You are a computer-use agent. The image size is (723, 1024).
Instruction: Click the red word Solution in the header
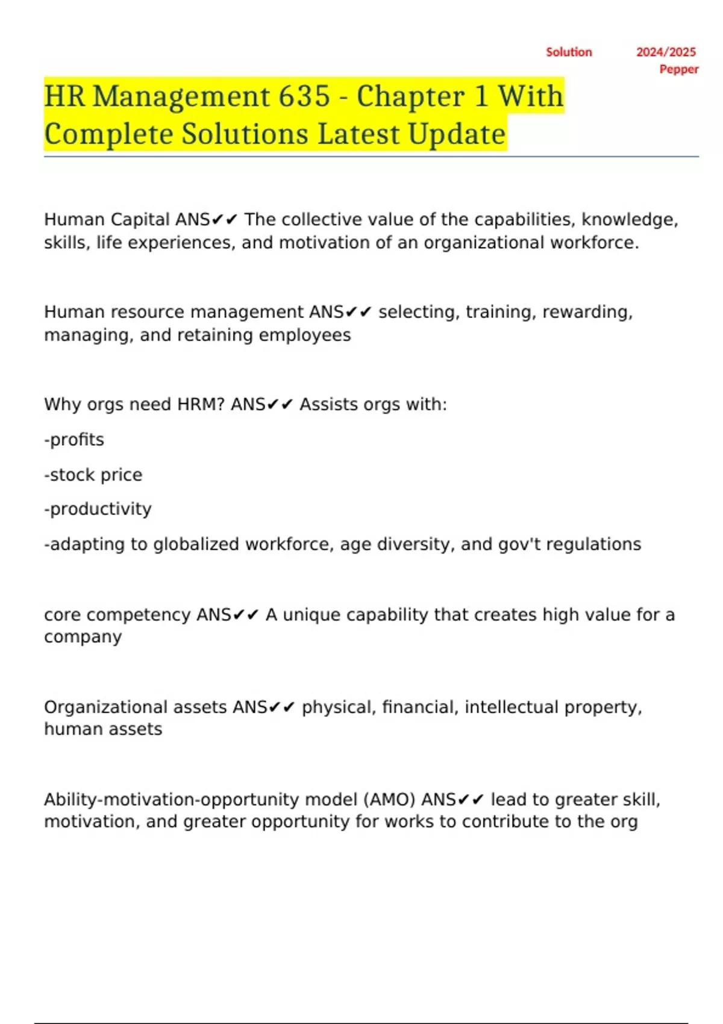(569, 52)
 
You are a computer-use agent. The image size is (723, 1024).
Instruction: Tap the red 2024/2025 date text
(666, 52)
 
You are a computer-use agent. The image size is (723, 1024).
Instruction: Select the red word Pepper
(678, 69)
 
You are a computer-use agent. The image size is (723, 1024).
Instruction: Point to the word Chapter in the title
(410, 96)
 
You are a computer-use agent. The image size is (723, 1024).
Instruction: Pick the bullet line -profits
(74, 440)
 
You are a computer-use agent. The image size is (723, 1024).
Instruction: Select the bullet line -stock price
(93, 475)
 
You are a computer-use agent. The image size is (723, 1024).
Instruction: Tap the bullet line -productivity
(98, 509)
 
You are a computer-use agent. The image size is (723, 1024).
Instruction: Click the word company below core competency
(83, 637)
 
